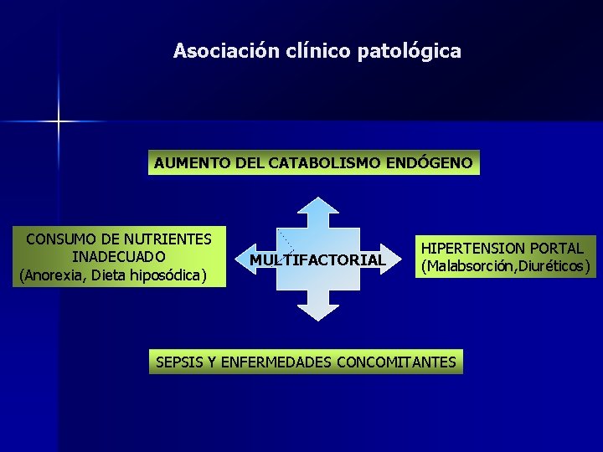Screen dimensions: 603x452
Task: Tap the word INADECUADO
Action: [x=119, y=256]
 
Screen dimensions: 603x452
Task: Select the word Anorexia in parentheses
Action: [x=53, y=274]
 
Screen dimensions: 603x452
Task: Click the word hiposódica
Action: [x=165, y=274]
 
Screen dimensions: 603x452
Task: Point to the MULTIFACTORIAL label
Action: [x=317, y=259]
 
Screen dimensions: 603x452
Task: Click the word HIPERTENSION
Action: [x=473, y=249]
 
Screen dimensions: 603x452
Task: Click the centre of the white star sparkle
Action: [x=59, y=121]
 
